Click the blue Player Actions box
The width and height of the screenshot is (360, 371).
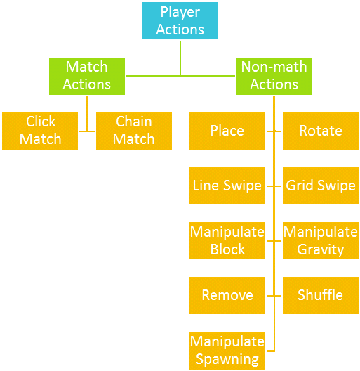click(180, 20)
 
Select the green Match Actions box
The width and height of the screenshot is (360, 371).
click(87, 76)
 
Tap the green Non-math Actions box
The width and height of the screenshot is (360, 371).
click(274, 76)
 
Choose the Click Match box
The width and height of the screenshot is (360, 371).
click(40, 131)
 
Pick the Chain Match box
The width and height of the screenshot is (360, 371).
click(133, 131)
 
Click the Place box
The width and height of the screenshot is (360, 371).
click(227, 131)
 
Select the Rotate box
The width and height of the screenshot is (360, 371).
click(320, 131)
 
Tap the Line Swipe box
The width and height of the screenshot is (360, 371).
click(227, 185)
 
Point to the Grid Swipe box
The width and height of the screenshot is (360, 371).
click(320, 185)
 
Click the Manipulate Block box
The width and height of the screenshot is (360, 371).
click(227, 240)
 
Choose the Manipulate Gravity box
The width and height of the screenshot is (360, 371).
click(320, 240)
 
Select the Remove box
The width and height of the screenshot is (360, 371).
click(227, 295)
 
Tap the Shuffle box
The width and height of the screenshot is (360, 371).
click(320, 295)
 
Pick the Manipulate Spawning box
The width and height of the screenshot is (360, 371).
click(227, 350)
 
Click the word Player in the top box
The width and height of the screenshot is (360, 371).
click(180, 12)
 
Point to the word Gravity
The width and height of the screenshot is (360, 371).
click(320, 249)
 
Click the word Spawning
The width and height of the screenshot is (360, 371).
click(227, 359)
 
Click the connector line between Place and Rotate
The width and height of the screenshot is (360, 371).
click(274, 131)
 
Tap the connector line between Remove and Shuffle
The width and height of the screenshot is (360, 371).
click(274, 295)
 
